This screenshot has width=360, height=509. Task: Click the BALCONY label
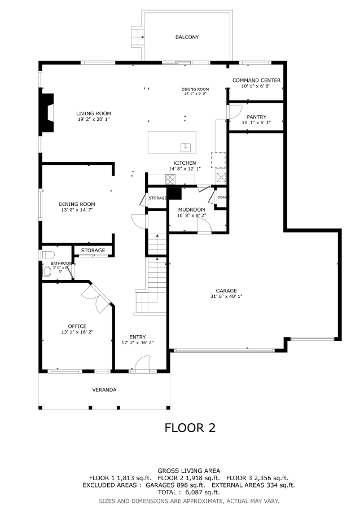(187, 37)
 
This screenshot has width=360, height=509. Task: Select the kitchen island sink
(186, 147)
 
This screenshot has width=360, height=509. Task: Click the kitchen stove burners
(170, 179)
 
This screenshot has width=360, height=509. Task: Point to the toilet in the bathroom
(47, 271)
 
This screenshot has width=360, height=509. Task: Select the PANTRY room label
(256, 117)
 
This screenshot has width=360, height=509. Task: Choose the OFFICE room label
(77, 326)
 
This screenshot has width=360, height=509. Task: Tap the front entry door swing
(140, 363)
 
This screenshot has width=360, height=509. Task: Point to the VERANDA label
(104, 390)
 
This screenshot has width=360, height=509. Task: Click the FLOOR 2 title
(190, 428)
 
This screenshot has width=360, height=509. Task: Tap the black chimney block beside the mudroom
(176, 194)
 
